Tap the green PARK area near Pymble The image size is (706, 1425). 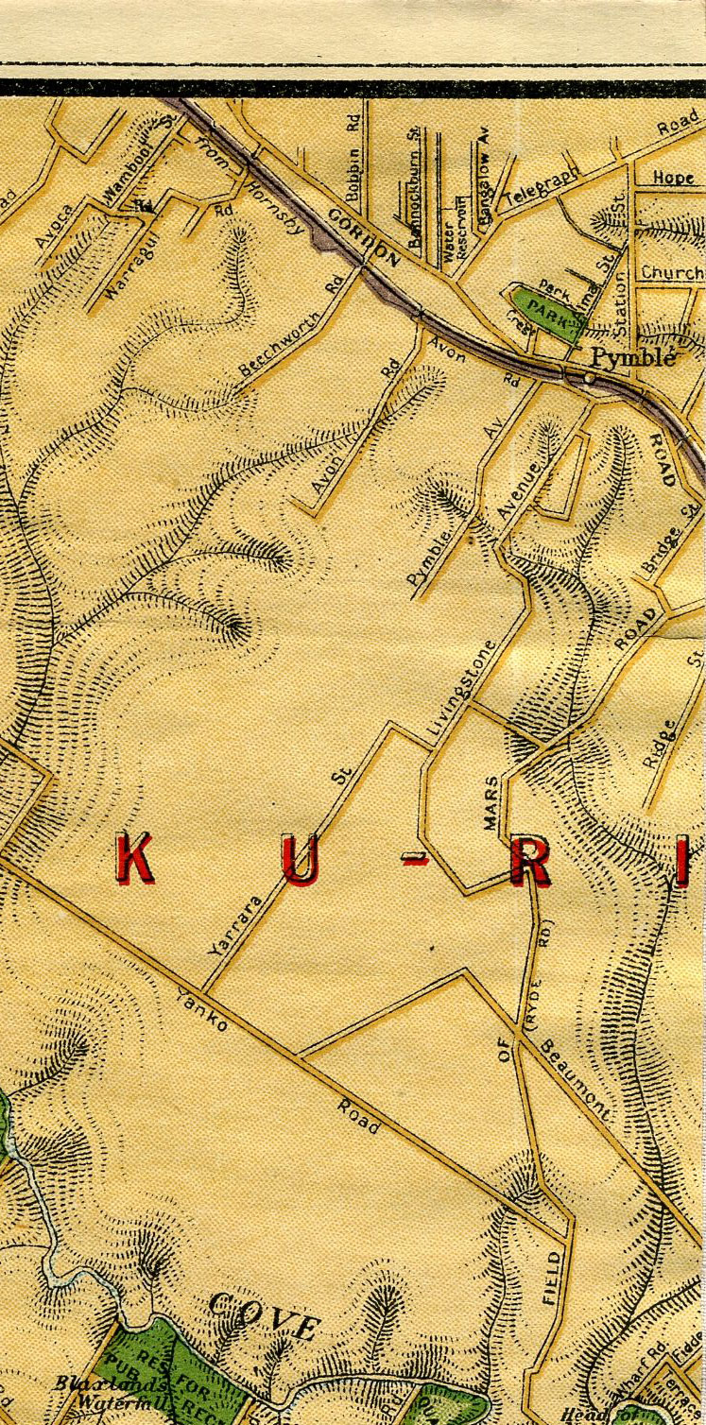tap(546, 309)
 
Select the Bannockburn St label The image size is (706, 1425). tap(415, 189)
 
